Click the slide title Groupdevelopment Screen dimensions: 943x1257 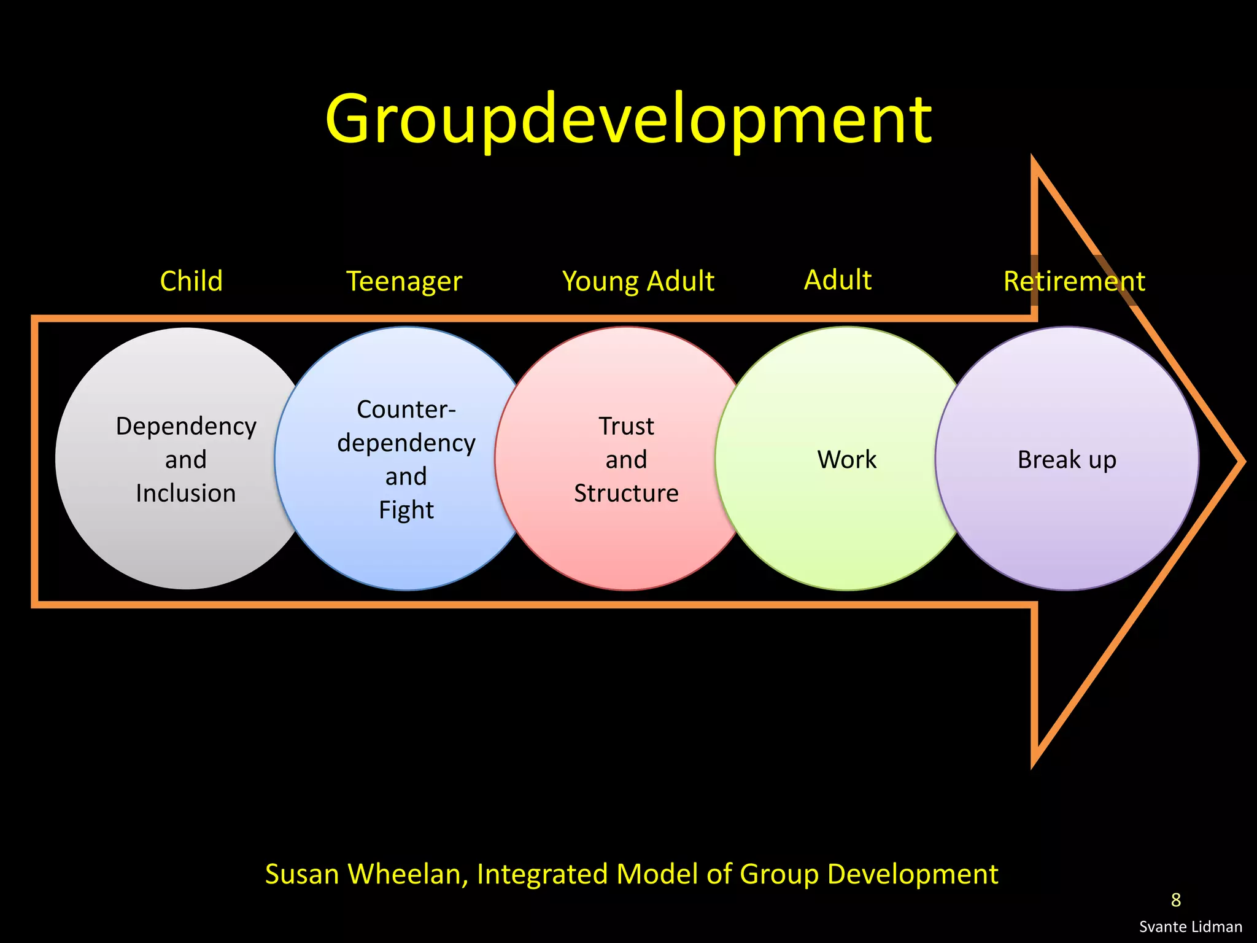(628, 120)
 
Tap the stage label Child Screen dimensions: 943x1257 (191, 281)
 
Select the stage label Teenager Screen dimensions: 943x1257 (404, 282)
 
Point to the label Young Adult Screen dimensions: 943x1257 (638, 282)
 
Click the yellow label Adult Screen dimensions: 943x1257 (838, 280)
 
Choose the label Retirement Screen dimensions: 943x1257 (1074, 282)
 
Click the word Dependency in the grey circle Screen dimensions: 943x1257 (186, 427)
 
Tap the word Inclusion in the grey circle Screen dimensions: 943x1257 (186, 494)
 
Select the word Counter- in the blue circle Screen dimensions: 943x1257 (406, 409)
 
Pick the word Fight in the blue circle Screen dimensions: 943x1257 (406, 510)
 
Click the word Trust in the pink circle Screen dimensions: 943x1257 (627, 426)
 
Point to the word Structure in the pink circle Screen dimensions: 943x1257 (627, 494)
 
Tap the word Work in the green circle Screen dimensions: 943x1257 (847, 460)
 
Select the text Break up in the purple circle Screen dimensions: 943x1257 (1067, 460)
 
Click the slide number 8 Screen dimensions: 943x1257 (1175, 900)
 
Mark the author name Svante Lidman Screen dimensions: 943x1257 (1191, 927)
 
